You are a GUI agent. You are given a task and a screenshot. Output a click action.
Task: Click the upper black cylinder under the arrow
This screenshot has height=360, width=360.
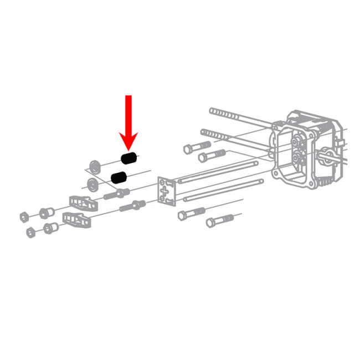(x=129, y=159)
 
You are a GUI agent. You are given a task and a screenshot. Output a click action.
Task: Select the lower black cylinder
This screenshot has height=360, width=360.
(x=119, y=177)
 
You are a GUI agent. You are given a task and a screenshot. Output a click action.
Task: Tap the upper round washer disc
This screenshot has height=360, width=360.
(x=95, y=165)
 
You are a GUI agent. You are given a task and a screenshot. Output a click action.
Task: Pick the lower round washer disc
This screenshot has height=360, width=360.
(x=92, y=184)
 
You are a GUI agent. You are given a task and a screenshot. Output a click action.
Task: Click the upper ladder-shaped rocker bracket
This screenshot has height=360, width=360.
(x=83, y=203)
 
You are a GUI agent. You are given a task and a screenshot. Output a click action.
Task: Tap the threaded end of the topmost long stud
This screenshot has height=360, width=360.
(x=222, y=114)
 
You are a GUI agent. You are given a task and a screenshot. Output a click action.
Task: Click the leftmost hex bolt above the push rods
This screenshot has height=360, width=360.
(x=192, y=148)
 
